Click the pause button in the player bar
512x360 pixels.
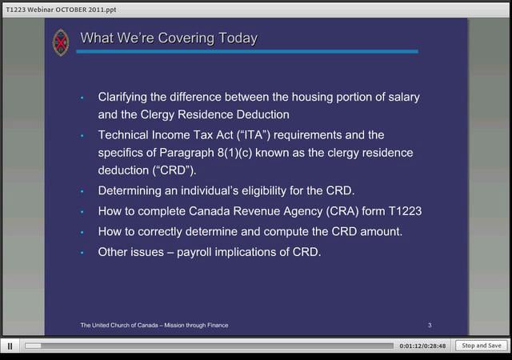point(10,346)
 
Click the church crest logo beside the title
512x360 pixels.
point(60,42)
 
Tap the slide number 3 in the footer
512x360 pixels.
point(430,326)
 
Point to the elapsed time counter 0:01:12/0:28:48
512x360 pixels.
point(422,346)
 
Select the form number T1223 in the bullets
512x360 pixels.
point(402,211)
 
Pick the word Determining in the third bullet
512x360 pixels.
point(132,191)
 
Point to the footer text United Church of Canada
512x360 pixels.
point(154,326)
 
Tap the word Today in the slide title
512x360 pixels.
point(236,38)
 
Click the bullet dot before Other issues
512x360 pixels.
point(82,253)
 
